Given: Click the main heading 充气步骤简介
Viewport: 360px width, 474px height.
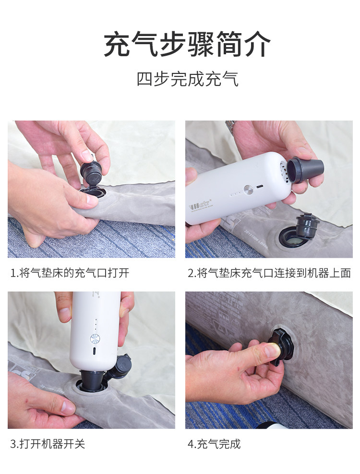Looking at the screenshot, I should pyautogui.click(x=187, y=44).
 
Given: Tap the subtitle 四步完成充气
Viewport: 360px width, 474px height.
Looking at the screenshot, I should pyautogui.click(x=187, y=78).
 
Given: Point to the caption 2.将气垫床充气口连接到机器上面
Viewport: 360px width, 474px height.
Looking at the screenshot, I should pyautogui.click(x=269, y=273).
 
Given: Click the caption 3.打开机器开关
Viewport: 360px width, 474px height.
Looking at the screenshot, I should pyautogui.click(x=48, y=444).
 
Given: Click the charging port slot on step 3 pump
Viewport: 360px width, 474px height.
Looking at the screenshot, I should pyautogui.click(x=95, y=351).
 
